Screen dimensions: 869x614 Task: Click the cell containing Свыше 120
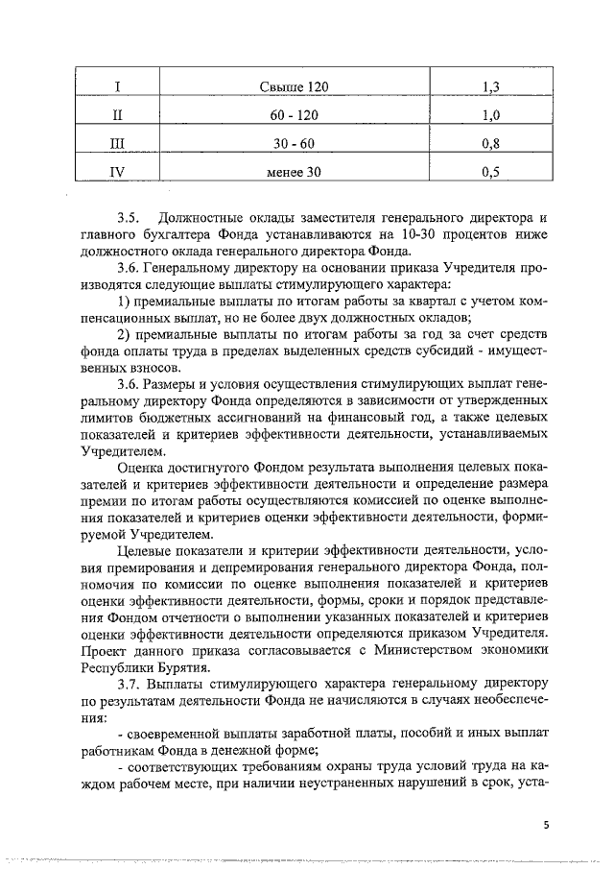(x=294, y=87)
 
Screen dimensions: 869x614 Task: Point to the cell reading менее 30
(x=294, y=173)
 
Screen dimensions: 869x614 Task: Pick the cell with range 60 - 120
(x=294, y=116)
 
